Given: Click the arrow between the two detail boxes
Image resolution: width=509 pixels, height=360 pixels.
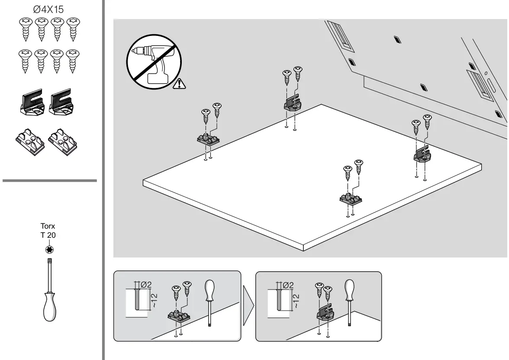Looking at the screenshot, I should click(248, 306).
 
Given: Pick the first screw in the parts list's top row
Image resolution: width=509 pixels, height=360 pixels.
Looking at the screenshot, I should click(26, 29).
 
